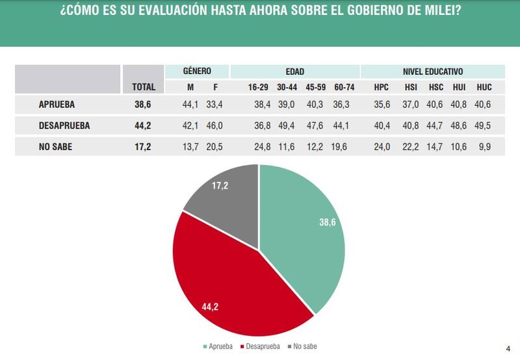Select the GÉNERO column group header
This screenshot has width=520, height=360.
[x=197, y=71]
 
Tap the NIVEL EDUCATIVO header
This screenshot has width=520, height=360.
[x=432, y=71]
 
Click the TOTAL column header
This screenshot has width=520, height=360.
[x=144, y=87]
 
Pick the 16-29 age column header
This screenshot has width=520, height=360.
[x=258, y=87]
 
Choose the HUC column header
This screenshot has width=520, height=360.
[x=484, y=87]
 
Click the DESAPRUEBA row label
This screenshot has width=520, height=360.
[x=64, y=125]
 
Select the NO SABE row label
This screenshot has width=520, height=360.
[x=55, y=147]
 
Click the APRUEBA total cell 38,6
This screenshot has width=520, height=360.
[x=144, y=103]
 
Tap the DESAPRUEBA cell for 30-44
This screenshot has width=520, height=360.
[x=286, y=125]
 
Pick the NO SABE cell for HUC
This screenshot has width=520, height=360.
[x=485, y=147]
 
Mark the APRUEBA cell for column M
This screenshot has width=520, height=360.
[x=190, y=103]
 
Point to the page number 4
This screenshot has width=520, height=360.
[x=508, y=348]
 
